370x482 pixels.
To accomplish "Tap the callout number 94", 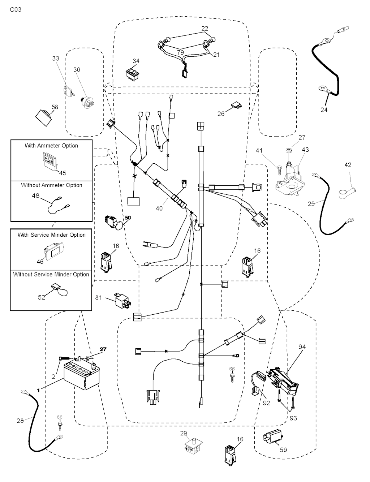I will click(x=302, y=347).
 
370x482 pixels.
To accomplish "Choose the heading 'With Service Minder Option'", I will click(x=51, y=235).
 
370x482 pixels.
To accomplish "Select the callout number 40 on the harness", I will click(x=159, y=208).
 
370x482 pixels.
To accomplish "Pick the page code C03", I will click(x=16, y=9).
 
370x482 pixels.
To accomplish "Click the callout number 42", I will click(x=348, y=165).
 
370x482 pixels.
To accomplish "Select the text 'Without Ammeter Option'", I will click(x=51, y=185).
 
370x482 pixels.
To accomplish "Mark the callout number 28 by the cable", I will click(x=20, y=420).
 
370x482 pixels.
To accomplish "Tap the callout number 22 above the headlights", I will click(x=205, y=29).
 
